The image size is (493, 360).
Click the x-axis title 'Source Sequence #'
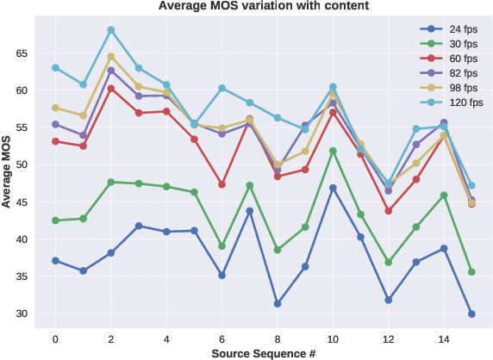point(263,352)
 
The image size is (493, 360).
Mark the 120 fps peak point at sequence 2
point(111,30)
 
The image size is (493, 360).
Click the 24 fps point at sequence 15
point(471,314)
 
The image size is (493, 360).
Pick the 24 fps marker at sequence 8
point(278,303)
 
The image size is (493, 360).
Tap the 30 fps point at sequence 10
point(333,151)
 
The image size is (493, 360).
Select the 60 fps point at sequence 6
point(222,184)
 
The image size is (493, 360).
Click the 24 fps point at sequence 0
point(55,260)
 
